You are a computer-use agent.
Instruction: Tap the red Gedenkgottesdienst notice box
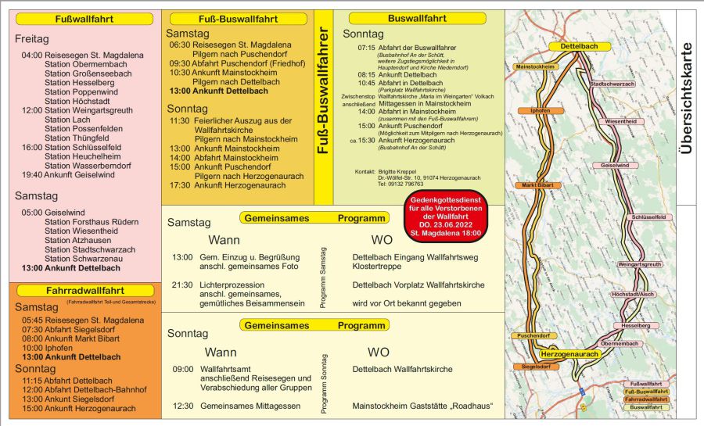[x=446, y=217]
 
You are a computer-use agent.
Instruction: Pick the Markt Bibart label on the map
[x=539, y=185]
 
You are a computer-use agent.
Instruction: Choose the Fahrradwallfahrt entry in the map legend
[x=647, y=399]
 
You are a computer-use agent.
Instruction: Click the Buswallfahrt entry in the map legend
[x=647, y=407]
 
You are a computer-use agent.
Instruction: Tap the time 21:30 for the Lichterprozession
[x=182, y=285]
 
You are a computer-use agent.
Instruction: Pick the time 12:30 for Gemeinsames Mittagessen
[x=182, y=406]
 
